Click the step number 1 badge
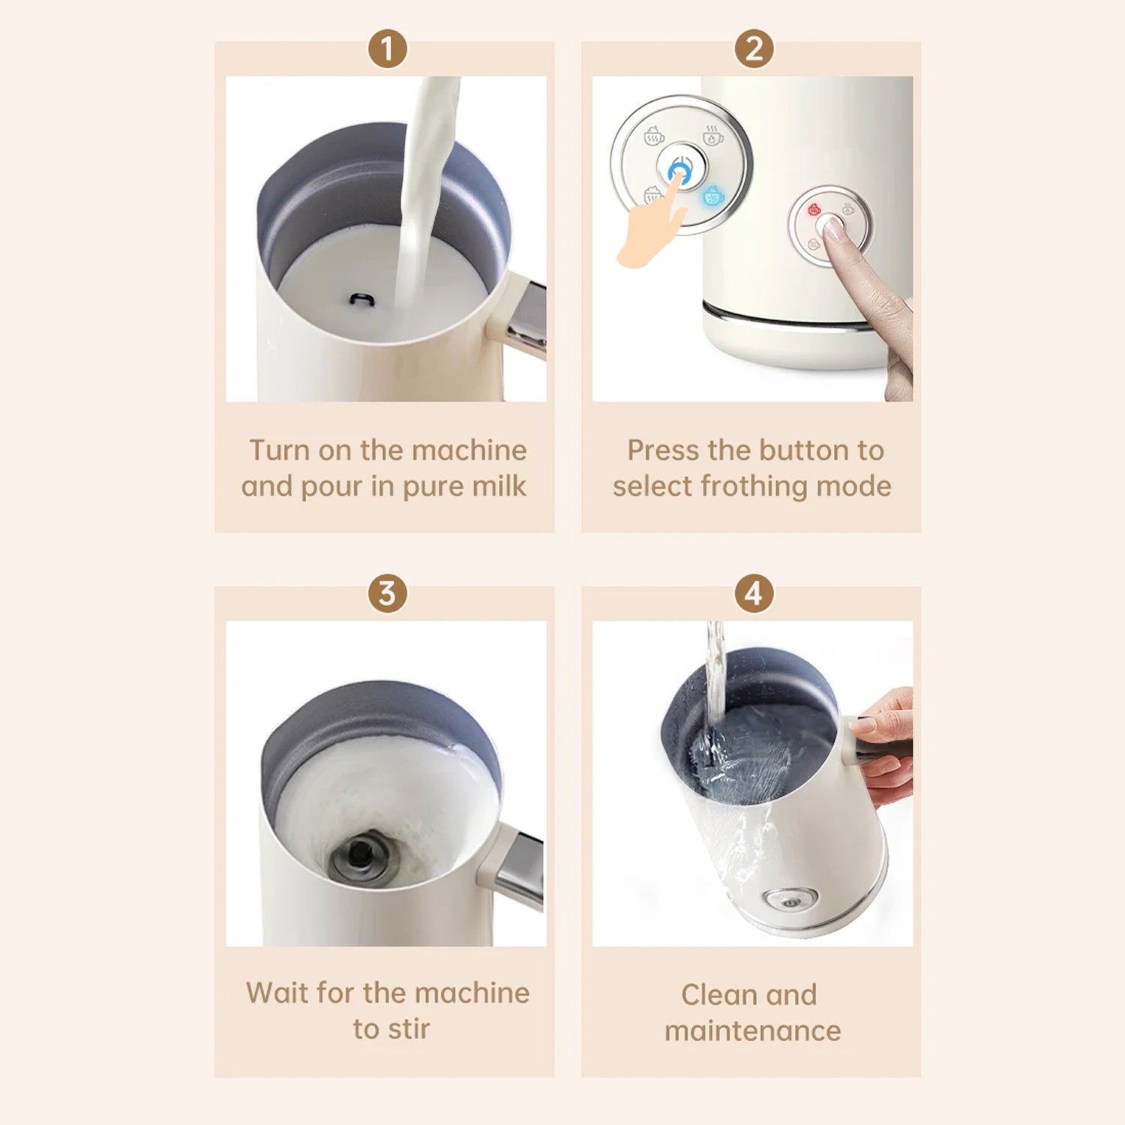coord(387,49)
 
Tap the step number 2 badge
coord(754,49)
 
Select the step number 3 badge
coord(387,593)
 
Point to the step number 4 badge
coord(754,593)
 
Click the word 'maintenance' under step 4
coord(752,1030)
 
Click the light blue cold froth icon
coord(713,196)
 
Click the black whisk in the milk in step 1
coord(363,300)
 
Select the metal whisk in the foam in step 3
coord(361,854)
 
